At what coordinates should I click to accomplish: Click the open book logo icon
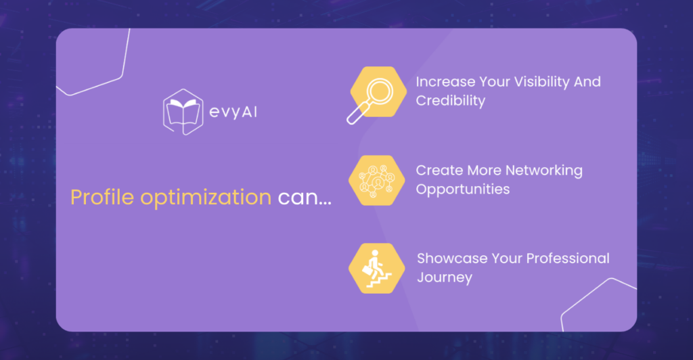[183, 112]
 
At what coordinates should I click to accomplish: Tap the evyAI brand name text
[233, 112]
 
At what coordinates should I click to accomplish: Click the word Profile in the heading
[102, 196]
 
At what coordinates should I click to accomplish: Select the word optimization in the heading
[206, 198]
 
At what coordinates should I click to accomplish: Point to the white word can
[298, 198]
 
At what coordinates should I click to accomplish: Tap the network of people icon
[376, 180]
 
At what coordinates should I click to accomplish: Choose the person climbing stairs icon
[376, 268]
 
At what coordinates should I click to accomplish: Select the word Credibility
[450, 101]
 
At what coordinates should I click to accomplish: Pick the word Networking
[543, 171]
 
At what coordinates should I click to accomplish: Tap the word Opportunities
[463, 189]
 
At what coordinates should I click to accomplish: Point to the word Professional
[568, 258]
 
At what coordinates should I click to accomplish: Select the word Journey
[445, 278]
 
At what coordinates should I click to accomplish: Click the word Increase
[445, 82]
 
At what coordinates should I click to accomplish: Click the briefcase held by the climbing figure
[367, 270]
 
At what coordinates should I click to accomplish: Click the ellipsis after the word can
[325, 204]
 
